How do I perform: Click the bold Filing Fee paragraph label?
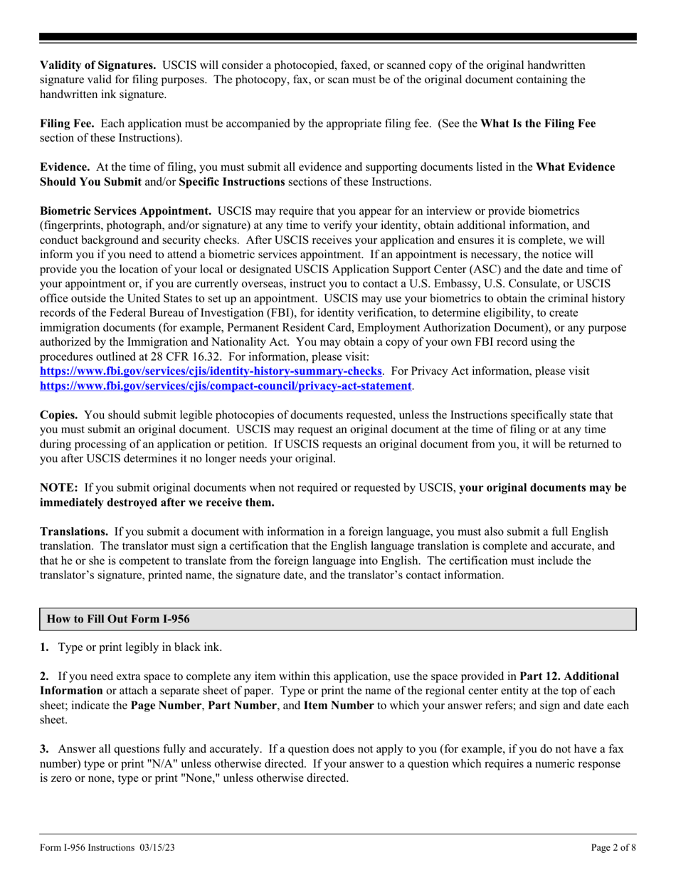tap(68, 123)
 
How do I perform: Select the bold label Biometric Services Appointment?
tap(125, 211)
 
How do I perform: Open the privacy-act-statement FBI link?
tap(226, 386)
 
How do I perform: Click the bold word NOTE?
tap(59, 488)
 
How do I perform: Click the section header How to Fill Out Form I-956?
tap(118, 619)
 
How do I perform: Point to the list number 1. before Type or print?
tap(44, 647)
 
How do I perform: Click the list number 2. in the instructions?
tap(44, 676)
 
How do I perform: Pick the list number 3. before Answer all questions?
tap(44, 748)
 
